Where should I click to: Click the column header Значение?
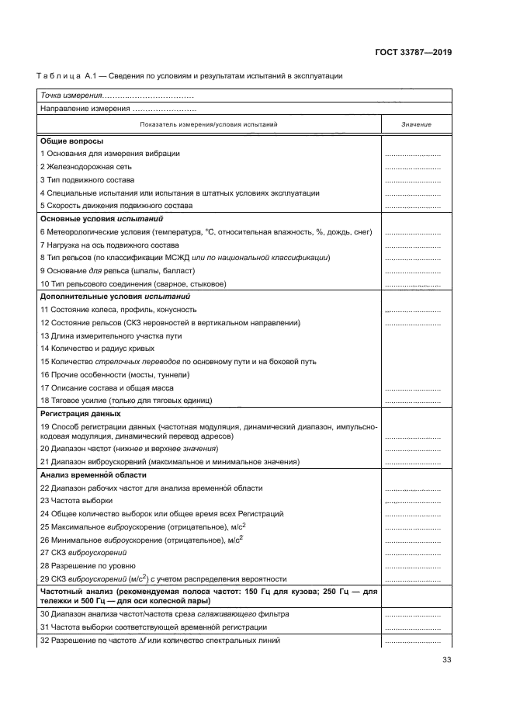tap(416, 124)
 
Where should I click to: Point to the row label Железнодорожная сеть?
tap(89, 166)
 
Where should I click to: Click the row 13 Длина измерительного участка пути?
tap(110, 335)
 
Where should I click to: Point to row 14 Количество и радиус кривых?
tap(98, 349)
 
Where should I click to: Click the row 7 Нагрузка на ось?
tap(109, 245)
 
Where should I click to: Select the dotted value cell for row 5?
tap(413, 206)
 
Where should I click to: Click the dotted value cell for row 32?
tap(413, 641)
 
